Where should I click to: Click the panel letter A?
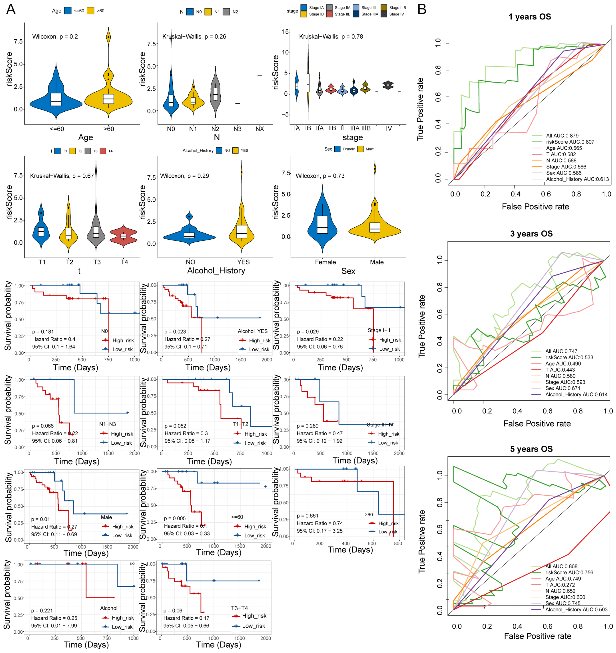pos(11,9)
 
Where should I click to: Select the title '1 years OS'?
pos(530,17)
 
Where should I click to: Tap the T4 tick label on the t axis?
pos(124,262)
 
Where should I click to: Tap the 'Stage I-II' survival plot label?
pos(379,330)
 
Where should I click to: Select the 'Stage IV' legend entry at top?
pos(397,14)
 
